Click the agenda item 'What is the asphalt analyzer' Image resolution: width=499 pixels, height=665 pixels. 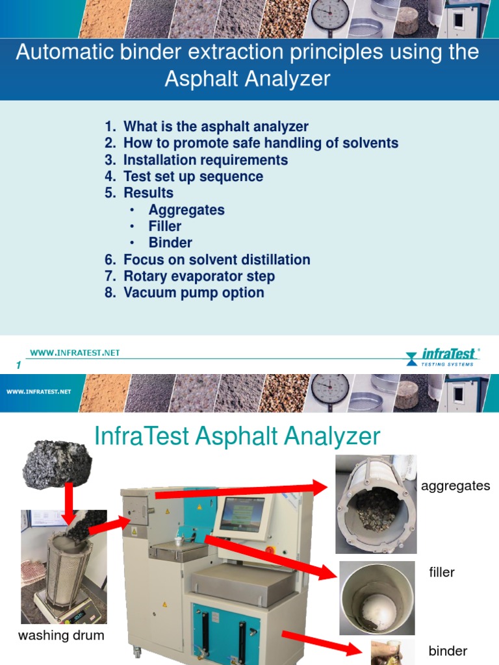(216, 127)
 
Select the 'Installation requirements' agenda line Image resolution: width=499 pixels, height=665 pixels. (205, 160)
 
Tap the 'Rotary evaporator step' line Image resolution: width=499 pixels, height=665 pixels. (199, 276)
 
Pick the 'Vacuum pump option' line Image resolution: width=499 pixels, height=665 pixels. (194, 292)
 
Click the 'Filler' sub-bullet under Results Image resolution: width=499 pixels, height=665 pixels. (165, 226)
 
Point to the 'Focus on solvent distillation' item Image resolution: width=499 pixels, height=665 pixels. (216, 260)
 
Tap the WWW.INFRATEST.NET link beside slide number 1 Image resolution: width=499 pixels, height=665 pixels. (75, 353)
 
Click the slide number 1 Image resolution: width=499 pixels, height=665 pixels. (19, 366)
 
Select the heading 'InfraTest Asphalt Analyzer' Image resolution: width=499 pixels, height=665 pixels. (237, 436)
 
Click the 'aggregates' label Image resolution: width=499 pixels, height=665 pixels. (455, 486)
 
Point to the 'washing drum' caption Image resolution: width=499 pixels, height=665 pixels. (61, 635)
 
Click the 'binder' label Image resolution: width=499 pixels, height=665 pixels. (448, 651)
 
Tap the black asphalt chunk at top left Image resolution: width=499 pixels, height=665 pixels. (57, 462)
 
